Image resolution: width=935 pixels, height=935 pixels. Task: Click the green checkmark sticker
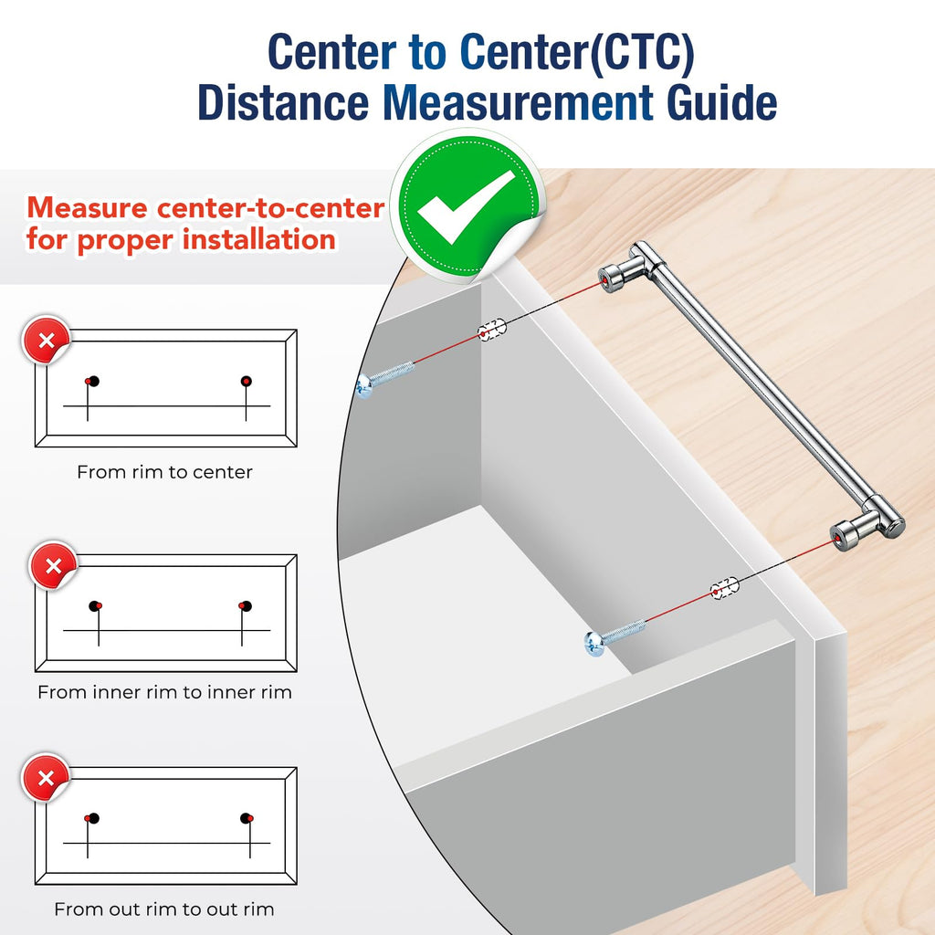[x=468, y=205]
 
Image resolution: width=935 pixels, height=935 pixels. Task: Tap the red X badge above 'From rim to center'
[x=46, y=340]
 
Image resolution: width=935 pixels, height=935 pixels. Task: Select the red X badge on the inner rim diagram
[x=53, y=565]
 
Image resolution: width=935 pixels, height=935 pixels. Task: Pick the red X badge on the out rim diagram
[x=46, y=778]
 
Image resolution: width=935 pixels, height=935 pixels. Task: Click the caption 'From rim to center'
[x=164, y=472]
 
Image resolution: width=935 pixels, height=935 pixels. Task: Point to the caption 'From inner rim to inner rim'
[x=164, y=692]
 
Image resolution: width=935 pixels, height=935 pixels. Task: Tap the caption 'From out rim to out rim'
[x=164, y=909]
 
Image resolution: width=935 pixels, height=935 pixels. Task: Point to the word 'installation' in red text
[x=258, y=239]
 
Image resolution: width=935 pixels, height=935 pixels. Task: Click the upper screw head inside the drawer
[x=363, y=386]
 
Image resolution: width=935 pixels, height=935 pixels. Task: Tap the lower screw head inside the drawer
[x=594, y=644]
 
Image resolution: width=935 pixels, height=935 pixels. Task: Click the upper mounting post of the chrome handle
[x=615, y=276]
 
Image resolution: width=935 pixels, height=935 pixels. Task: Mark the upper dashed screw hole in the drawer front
[x=491, y=330]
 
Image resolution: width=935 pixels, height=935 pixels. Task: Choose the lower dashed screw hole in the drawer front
[x=724, y=588]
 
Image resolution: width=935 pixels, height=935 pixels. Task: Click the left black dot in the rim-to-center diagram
[x=94, y=381]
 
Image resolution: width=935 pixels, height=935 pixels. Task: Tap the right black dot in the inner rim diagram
[x=246, y=606]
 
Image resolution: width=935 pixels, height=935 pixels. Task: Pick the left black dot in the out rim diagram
[x=94, y=818]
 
